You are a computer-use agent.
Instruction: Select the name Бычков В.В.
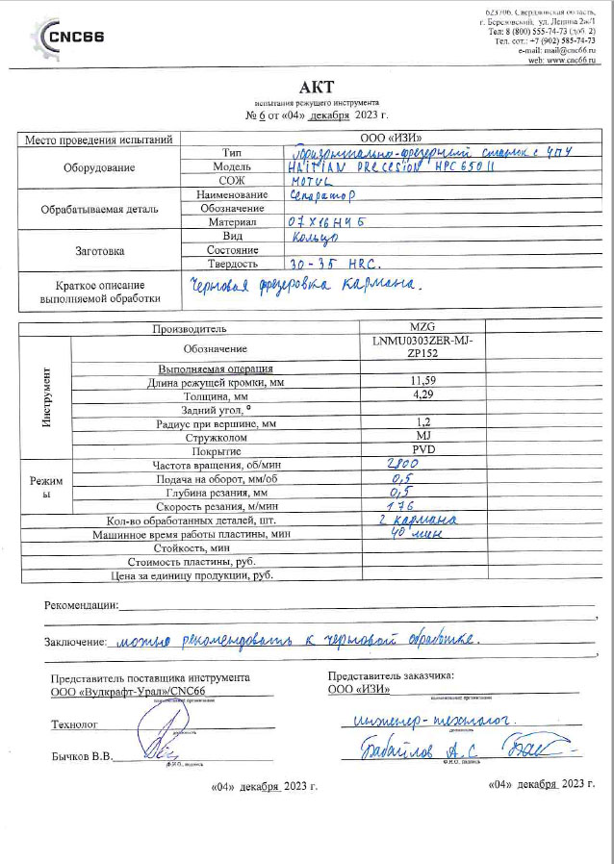pyautogui.click(x=81, y=756)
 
